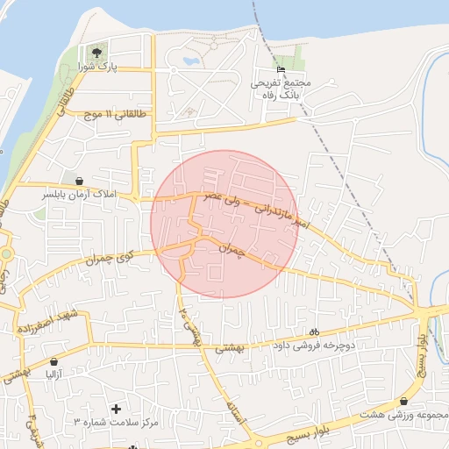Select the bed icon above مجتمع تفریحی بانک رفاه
pyautogui.click(x=281, y=69)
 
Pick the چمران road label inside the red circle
pyautogui.click(x=229, y=250)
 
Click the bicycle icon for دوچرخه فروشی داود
pyautogui.click(x=314, y=331)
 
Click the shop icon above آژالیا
pyautogui.click(x=54, y=361)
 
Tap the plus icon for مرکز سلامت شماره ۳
pyautogui.click(x=116, y=409)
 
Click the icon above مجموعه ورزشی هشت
pyautogui.click(x=403, y=400)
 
